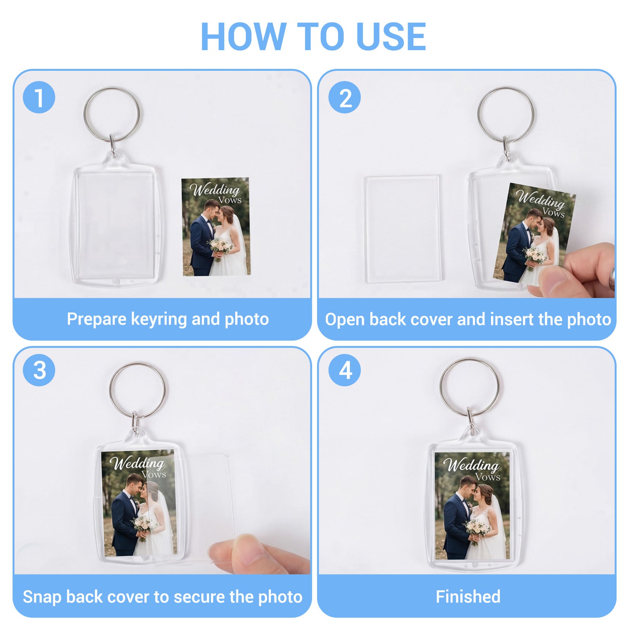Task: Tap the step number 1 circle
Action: pos(39,97)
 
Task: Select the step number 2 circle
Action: pos(344,97)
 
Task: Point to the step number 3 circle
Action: pos(39,370)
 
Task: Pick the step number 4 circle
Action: pos(344,370)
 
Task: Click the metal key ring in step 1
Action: pos(84,114)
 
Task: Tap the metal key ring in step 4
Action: pos(441,387)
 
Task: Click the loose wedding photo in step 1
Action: pos(216,226)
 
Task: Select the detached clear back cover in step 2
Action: pos(403,229)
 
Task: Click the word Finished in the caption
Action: pos(468,596)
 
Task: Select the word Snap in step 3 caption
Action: pos(42,597)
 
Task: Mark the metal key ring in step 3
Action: pos(110,390)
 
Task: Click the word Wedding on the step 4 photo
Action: pos(472,465)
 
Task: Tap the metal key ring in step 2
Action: pos(478,114)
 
